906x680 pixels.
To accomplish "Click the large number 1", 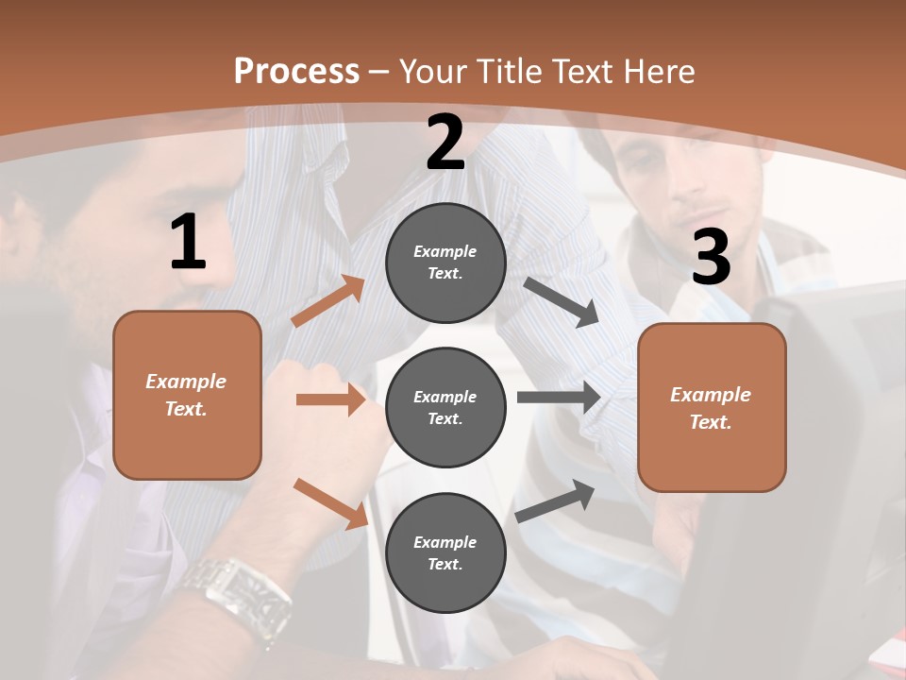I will [188, 243].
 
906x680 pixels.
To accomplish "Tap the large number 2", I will [445, 143].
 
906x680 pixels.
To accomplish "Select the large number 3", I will [711, 257].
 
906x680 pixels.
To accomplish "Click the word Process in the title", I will [296, 71].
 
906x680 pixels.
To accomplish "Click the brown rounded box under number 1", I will [187, 395].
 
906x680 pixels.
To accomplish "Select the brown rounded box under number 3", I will [712, 407].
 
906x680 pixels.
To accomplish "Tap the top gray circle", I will [445, 263].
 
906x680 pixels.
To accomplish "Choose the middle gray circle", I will [445, 407].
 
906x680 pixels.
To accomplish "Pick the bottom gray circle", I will [445, 552].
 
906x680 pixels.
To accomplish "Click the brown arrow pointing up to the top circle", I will [327, 300].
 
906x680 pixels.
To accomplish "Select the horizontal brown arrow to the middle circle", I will [330, 399].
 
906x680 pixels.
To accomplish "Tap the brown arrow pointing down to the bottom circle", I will [330, 503].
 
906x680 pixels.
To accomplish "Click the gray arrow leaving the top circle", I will [562, 301].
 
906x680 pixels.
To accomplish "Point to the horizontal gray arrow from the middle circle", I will [558, 398].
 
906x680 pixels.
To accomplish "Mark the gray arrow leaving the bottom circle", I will [556, 501].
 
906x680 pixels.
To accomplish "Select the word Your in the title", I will [432, 71].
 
